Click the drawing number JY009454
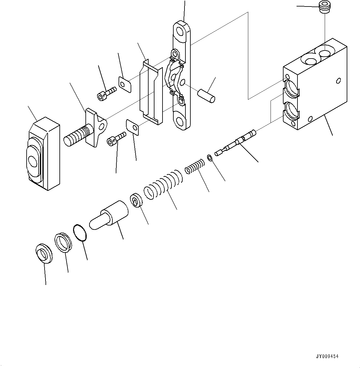[327, 357]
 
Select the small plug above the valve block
[324, 8]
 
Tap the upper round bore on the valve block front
[292, 87]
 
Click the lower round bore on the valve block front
[292, 111]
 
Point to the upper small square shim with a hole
[125, 84]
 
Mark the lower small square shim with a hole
[132, 127]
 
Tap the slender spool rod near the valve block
[236, 143]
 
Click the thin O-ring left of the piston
[80, 232]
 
